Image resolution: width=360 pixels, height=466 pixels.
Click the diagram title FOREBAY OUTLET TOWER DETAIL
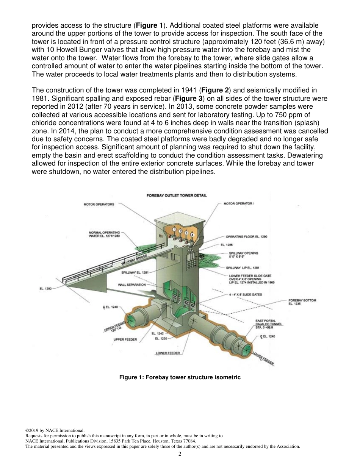(x=176, y=195)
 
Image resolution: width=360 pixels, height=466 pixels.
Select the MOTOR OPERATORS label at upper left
(x=99, y=205)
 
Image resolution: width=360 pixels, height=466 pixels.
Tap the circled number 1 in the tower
(x=174, y=230)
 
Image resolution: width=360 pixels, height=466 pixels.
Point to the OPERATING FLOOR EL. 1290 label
(x=246, y=236)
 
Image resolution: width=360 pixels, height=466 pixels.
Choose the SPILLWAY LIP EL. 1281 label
(x=245, y=268)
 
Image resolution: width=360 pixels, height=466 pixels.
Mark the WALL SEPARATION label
(x=131, y=285)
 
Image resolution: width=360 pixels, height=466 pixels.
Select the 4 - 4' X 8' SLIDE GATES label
(x=248, y=294)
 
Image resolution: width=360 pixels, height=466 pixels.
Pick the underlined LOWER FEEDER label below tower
(x=167, y=353)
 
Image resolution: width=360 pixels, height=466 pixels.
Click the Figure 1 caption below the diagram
(x=180, y=377)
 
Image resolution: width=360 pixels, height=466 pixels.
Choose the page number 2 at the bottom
(x=180, y=454)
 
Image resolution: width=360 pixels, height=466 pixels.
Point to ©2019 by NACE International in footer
(x=55, y=430)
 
